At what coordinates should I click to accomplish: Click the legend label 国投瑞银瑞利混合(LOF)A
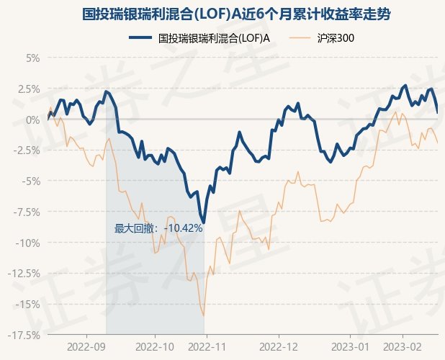(214, 39)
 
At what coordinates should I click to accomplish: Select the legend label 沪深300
(335, 39)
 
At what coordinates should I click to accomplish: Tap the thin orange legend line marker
(302, 39)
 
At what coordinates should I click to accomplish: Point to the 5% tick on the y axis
(32, 58)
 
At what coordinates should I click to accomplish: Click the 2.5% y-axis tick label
(29, 89)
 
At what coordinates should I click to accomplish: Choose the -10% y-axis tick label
(28, 243)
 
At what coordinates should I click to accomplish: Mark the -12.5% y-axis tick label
(24, 273)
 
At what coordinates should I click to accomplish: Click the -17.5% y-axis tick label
(24, 335)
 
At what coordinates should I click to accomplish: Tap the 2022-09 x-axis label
(86, 346)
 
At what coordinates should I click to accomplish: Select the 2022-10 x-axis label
(155, 346)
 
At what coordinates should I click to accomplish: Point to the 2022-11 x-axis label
(207, 346)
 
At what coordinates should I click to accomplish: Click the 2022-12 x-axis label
(279, 346)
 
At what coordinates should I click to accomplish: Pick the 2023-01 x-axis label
(351, 346)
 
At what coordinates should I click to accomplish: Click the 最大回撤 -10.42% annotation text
(158, 228)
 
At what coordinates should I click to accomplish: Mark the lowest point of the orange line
(204, 315)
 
